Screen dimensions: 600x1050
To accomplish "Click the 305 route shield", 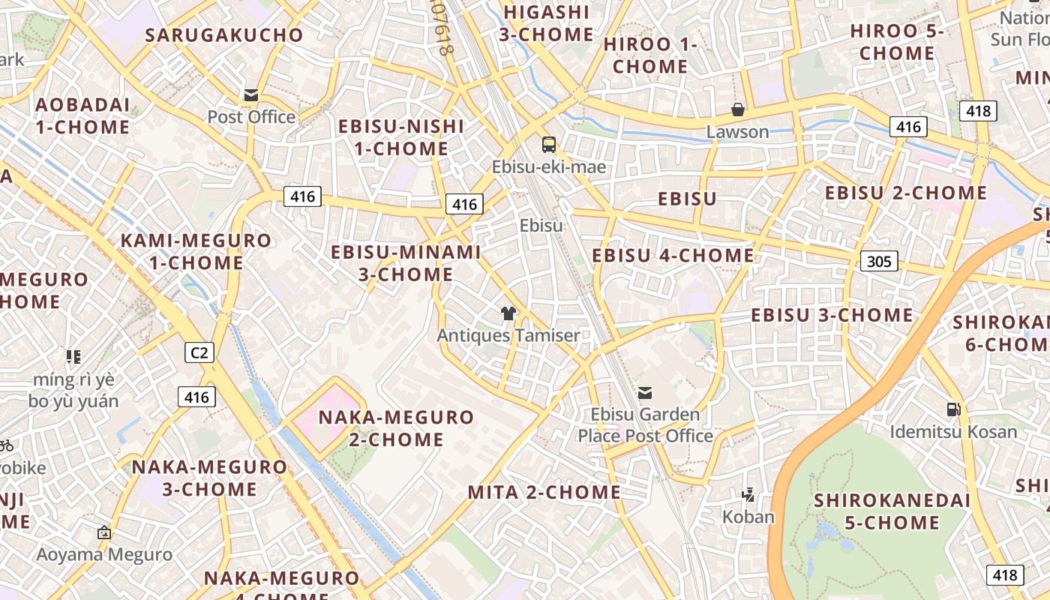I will [x=878, y=261].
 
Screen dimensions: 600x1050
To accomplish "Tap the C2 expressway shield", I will [x=199, y=352].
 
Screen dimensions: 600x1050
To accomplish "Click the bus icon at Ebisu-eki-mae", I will [x=549, y=145].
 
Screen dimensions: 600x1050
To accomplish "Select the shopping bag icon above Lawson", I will [x=738, y=110].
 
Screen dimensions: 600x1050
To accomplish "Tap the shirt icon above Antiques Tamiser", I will [x=508, y=313].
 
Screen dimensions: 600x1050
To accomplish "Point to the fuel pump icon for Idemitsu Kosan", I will [x=953, y=409].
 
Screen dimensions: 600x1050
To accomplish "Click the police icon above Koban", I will [x=748, y=494].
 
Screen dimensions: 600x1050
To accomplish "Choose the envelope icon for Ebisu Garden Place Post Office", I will [x=645, y=393].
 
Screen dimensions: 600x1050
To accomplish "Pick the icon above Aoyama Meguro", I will [x=104, y=532].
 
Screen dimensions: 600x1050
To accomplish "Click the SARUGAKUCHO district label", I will [x=224, y=35].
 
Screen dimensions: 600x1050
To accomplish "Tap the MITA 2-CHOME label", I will [x=544, y=493].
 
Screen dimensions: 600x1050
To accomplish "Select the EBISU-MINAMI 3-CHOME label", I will [x=406, y=263].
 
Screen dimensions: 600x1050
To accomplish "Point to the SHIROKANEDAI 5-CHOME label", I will [x=892, y=511].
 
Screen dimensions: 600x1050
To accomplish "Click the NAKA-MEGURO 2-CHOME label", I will [x=397, y=428].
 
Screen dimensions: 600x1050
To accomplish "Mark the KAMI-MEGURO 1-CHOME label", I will [x=196, y=252].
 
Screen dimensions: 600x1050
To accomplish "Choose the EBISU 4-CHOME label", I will [x=673, y=256].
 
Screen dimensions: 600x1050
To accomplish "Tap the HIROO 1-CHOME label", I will [x=650, y=55].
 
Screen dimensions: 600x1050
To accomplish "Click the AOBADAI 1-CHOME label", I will [x=82, y=115].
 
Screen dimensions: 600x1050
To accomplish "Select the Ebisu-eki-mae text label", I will [x=549, y=166].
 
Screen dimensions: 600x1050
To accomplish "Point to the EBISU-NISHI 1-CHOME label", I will [x=400, y=137].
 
